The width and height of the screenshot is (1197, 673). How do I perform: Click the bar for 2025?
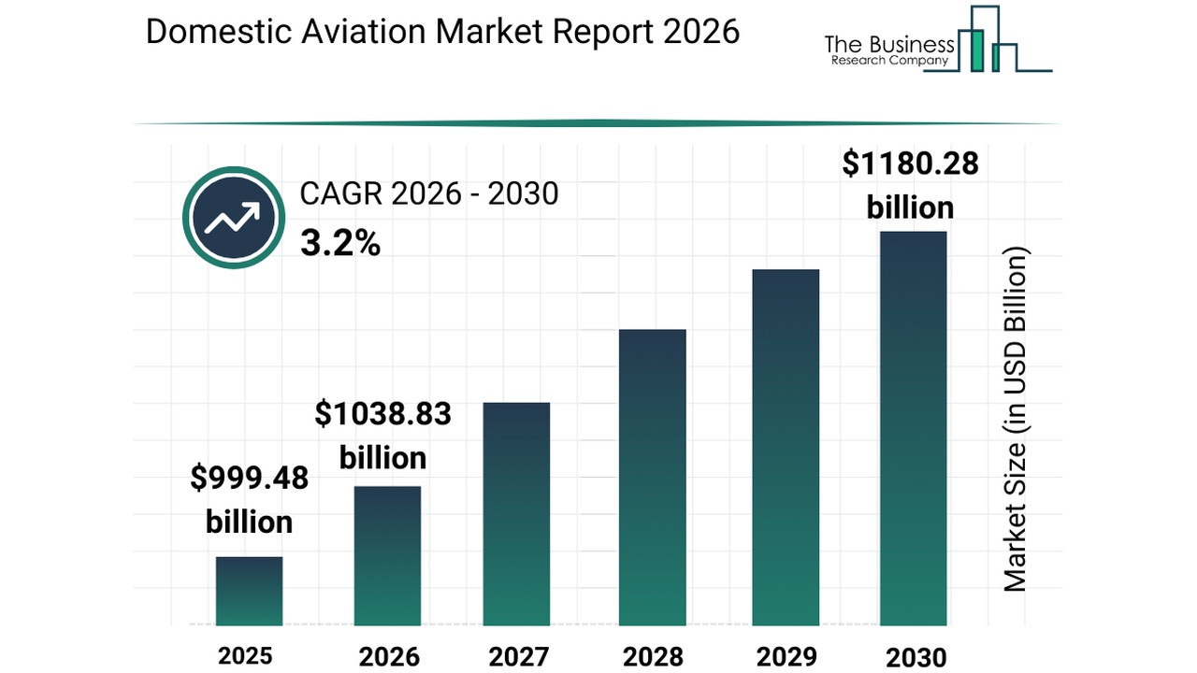[249, 591]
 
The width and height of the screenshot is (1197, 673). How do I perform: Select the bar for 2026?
[387, 555]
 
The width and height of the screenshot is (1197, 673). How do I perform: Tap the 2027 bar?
[516, 513]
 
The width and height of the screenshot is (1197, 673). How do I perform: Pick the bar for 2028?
[652, 477]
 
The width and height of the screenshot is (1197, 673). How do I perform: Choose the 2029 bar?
[786, 447]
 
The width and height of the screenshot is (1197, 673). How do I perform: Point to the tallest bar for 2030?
[913, 428]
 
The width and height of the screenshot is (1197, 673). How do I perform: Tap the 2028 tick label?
[652, 656]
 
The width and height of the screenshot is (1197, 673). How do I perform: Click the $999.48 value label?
[249, 479]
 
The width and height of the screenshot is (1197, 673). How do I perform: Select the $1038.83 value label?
[382, 413]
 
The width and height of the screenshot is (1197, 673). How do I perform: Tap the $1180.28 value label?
[910, 164]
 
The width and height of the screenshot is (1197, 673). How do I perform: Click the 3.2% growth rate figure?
[339, 244]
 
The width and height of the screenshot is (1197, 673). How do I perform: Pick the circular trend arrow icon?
[233, 218]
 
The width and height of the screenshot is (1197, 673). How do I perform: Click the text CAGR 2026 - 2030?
[428, 193]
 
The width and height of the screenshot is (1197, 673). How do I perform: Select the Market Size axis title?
[1015, 419]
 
